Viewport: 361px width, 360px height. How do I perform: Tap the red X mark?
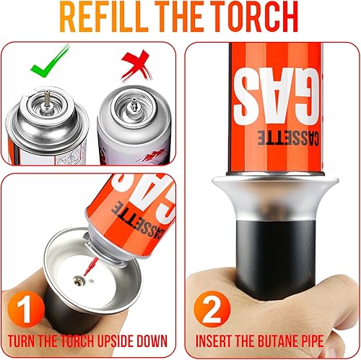click(136, 66)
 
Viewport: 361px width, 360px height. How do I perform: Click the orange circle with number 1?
click(26, 309)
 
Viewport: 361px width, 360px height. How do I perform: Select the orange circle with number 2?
click(212, 309)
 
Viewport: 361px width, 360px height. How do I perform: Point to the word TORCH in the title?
click(256, 17)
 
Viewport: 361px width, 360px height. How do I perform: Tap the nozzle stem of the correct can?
click(47, 99)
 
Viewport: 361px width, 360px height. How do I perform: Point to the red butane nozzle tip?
click(90, 266)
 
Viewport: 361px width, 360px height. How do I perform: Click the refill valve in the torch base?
click(79, 280)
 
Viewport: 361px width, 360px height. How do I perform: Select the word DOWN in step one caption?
click(152, 341)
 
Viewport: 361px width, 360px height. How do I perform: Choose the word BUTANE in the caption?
click(279, 341)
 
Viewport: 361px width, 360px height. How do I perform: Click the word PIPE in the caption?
click(313, 341)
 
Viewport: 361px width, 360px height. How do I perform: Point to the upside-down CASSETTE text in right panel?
click(288, 138)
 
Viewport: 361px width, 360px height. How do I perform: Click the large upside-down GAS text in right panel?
click(276, 96)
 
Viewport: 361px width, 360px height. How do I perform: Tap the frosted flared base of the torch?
click(275, 197)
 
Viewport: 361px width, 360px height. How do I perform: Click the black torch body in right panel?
click(276, 259)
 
